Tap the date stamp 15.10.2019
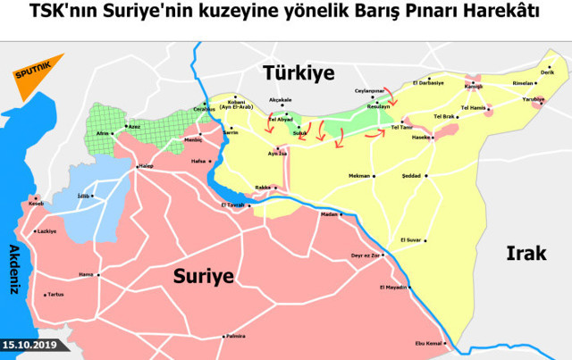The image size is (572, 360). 29,344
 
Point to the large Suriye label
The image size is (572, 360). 205,276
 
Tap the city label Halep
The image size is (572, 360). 147,166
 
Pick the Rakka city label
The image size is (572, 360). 263,187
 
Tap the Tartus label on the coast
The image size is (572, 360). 55,294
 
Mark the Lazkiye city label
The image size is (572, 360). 46,230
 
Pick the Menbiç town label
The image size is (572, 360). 193,139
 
